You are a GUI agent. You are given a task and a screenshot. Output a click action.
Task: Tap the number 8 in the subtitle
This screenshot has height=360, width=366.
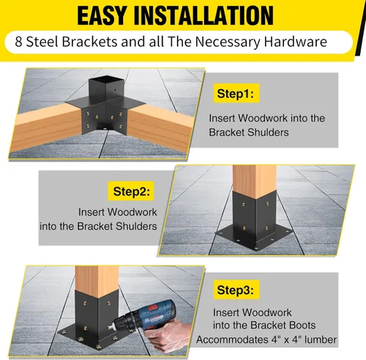click(19, 42)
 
